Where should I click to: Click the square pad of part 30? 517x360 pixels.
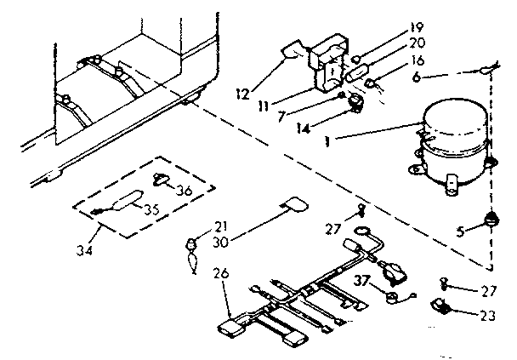click(295, 204)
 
